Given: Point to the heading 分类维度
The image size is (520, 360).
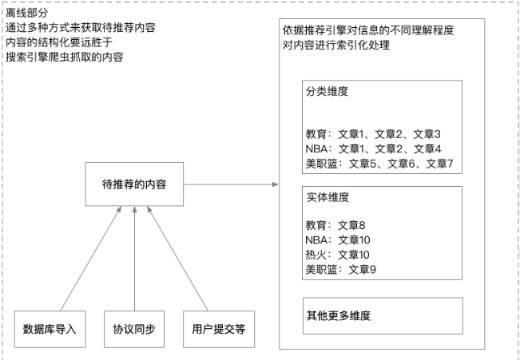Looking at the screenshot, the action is [327, 91].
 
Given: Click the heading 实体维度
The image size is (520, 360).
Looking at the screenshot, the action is [327, 197].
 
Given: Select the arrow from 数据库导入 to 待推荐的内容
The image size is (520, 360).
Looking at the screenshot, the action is [91, 259].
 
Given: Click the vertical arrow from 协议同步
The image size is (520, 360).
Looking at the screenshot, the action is [134, 259].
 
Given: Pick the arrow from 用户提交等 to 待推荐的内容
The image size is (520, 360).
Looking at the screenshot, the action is [177, 259].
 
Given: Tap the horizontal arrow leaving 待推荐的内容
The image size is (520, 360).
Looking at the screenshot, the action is [231, 184].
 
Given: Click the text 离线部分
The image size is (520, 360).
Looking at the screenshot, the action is [27, 13].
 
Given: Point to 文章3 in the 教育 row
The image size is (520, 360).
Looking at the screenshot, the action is [427, 134].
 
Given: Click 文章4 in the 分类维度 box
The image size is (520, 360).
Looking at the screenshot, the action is [427, 148].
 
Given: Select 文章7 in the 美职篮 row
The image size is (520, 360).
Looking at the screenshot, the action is [439, 164].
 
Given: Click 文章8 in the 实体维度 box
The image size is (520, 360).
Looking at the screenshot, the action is [351, 225].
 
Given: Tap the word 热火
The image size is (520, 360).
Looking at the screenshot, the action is [316, 255].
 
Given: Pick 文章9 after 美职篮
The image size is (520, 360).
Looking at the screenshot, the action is [363, 270].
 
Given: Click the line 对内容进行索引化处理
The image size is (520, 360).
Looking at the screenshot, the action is [336, 45].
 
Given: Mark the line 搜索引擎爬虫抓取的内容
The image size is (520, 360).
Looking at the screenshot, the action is [65, 57].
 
